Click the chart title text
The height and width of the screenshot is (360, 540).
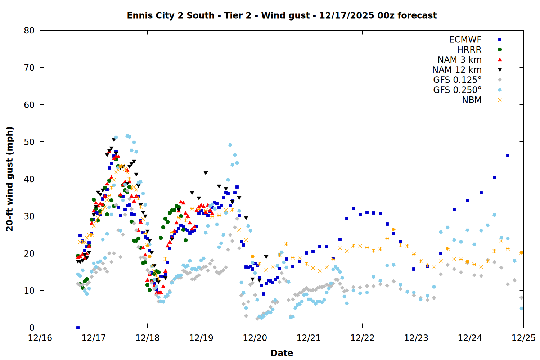pos(282,15)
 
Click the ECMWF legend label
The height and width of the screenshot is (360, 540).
pos(465,40)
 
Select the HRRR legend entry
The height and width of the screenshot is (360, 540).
pos(469,50)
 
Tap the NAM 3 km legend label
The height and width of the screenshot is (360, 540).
pos(459,60)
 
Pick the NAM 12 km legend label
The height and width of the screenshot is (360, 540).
pos(457,70)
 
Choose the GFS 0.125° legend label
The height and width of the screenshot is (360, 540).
pos(457,80)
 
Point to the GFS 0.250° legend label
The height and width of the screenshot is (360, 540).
pos(457,90)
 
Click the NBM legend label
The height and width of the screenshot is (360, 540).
pos(472,100)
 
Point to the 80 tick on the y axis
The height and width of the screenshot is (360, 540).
pos(29,31)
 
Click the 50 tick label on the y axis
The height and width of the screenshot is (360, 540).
pos(29,142)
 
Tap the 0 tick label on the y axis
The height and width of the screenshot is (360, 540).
pos(32,328)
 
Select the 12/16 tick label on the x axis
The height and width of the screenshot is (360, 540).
pos(40,338)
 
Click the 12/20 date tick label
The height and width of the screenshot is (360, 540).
pos(255,338)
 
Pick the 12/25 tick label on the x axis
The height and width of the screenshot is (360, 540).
pos(523,338)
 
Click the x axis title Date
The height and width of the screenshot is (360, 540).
pos(282,353)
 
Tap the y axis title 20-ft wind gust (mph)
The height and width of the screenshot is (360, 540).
pos(10,179)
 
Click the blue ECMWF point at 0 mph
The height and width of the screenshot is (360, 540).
pos(78,328)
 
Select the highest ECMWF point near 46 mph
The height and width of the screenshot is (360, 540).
pos(508,156)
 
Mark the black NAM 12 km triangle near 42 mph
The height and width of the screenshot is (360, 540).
pos(206,173)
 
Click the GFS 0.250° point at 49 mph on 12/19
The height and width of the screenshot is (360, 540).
pos(230,145)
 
